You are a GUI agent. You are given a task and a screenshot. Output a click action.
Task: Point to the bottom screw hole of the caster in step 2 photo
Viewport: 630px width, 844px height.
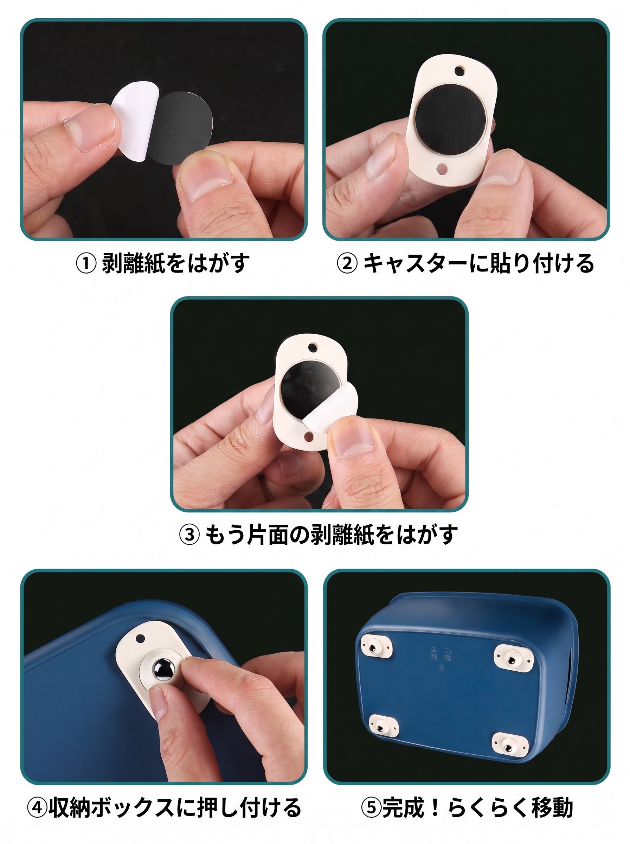point(442,168)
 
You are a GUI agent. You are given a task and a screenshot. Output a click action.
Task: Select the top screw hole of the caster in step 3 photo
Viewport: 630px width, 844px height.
point(314,347)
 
